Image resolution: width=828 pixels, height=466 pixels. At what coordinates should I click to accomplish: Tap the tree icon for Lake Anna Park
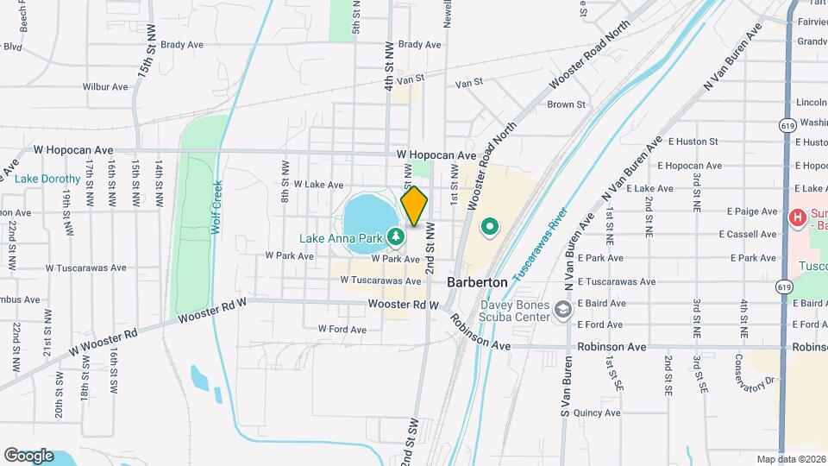[x=396, y=235]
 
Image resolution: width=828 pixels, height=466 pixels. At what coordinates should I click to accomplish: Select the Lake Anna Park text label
[x=342, y=238]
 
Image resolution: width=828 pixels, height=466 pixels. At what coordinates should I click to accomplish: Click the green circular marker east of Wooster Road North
[x=490, y=228]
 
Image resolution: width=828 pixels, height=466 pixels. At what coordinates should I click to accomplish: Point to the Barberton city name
[x=477, y=282]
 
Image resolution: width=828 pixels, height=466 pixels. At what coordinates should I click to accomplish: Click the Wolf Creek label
[x=217, y=207]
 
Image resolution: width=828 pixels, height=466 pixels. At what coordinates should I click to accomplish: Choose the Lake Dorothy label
[x=47, y=179]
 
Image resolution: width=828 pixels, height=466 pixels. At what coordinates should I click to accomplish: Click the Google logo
[x=28, y=456]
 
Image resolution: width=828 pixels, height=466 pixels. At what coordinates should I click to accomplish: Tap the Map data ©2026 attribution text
[x=790, y=459]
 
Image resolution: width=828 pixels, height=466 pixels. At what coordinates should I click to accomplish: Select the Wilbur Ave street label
[x=105, y=87]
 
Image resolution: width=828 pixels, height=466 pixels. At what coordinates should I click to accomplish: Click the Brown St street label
[x=566, y=104]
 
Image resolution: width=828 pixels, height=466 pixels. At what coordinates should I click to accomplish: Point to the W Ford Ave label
[x=343, y=329]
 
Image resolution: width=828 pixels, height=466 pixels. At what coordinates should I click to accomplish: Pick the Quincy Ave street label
[x=597, y=413]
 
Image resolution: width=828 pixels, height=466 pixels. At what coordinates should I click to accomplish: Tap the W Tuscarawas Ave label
[x=379, y=280]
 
